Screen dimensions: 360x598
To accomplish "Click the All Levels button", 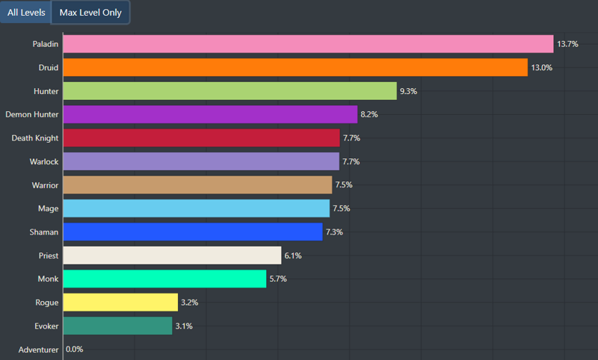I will [x=26, y=13].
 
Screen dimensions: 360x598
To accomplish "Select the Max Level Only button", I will [x=90, y=13].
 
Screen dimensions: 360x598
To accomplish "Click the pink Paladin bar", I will [x=308, y=44].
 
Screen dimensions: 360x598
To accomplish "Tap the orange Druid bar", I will [x=295, y=67].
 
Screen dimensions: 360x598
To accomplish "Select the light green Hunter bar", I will [x=229, y=91].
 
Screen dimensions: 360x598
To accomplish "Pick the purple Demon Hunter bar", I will [x=210, y=114].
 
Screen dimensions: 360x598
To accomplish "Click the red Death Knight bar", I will [x=201, y=138].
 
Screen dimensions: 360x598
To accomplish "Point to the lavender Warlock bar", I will [x=201, y=161].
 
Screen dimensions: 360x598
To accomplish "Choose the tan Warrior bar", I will [x=197, y=185].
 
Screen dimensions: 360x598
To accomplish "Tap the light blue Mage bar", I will [x=196, y=208].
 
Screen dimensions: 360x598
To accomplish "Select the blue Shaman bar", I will [x=193, y=232].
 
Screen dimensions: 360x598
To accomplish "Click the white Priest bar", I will [x=172, y=255].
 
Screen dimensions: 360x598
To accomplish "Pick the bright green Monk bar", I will [x=164, y=279].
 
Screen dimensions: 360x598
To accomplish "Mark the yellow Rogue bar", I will [x=120, y=302].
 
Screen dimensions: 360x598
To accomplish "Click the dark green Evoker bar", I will [x=117, y=326].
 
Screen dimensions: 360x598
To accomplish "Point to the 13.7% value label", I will [x=567, y=45].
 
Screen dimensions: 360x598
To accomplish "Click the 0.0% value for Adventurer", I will [x=75, y=350].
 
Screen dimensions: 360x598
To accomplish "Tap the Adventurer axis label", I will [x=38, y=350].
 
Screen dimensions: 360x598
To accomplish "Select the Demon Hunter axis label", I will [x=31, y=114].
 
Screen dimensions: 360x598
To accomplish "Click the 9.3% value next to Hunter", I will [x=409, y=91].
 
